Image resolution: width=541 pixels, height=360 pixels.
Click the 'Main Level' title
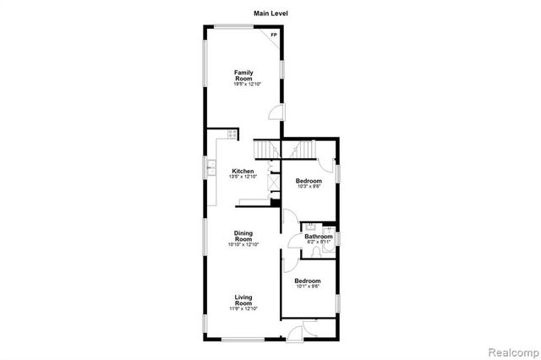270,13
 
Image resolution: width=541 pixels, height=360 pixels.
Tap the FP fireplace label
273,35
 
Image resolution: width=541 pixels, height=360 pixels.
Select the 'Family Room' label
244,75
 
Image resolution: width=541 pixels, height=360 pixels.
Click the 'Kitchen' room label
243,172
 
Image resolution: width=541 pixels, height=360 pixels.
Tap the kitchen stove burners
232,134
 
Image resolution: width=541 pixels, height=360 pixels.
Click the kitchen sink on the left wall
211,167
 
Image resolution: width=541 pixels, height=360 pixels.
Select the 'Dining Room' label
243,236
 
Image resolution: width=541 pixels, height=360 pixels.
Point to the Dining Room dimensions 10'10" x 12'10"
243,245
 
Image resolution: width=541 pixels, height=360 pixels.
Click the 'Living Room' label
243,300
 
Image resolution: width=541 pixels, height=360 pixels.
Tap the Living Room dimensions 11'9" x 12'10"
243,309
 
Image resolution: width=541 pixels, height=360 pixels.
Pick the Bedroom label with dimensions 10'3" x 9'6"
308,182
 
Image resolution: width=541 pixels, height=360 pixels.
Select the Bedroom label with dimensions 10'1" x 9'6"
308,281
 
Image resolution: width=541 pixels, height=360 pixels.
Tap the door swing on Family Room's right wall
276,113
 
